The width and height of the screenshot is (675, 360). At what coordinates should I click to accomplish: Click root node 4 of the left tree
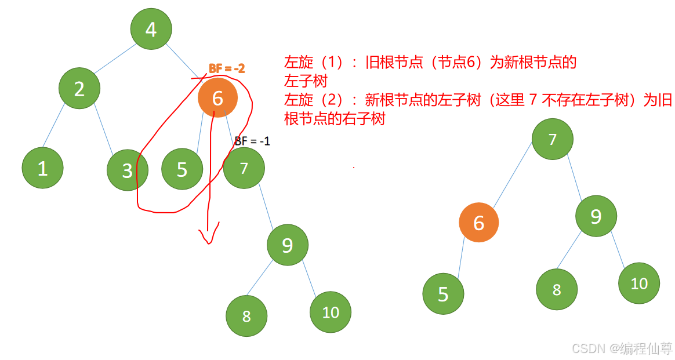point(151,29)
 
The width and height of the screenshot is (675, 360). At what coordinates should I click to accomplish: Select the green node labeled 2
point(79,89)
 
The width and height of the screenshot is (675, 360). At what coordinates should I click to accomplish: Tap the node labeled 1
point(42,168)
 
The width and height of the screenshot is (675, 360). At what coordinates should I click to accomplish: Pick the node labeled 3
point(128,170)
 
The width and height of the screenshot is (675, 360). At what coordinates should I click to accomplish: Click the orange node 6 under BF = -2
point(217,98)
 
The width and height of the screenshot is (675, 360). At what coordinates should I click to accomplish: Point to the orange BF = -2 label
point(227,68)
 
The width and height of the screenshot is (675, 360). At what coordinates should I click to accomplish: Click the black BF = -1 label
point(252,141)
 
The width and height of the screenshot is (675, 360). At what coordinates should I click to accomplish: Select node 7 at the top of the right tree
point(552,139)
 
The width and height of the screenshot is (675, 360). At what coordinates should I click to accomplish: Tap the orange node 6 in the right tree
point(478,223)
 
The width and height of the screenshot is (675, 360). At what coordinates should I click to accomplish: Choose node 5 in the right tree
point(443,294)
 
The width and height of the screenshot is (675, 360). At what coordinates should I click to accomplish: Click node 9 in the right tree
point(596,216)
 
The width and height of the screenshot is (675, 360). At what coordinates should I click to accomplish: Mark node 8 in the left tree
point(246,316)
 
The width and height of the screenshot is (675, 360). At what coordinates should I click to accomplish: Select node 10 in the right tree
point(639,283)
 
